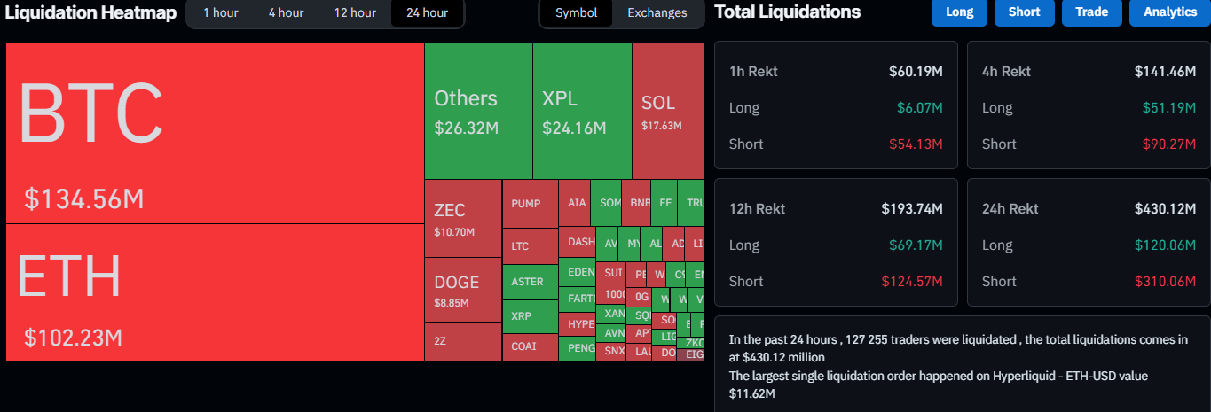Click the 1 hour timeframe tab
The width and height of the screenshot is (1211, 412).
tap(220, 12)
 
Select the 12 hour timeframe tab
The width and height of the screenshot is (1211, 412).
tap(355, 12)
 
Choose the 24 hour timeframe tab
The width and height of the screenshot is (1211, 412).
tap(427, 12)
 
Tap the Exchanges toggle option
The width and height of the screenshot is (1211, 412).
tap(657, 12)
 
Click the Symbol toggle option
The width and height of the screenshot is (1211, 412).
tap(576, 12)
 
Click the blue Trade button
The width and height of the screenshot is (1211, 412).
tap(1090, 12)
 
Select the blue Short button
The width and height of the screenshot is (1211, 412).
tap(1024, 12)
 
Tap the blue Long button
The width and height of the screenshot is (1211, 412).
tap(959, 12)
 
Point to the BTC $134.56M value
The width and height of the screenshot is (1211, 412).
tap(84, 199)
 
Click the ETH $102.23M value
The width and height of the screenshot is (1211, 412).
tap(73, 338)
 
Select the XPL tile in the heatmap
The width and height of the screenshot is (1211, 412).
tap(581, 111)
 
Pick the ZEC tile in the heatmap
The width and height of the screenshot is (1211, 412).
tap(462, 218)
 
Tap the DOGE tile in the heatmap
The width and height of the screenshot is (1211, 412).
tap(462, 290)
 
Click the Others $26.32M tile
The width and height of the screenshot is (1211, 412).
tap(477, 111)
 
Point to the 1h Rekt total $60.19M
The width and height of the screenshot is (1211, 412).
tap(916, 71)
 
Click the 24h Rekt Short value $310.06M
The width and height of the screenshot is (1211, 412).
tap(1165, 281)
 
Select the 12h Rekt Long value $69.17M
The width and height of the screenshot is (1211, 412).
tap(916, 245)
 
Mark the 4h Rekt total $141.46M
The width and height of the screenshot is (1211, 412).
tap(1165, 71)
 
